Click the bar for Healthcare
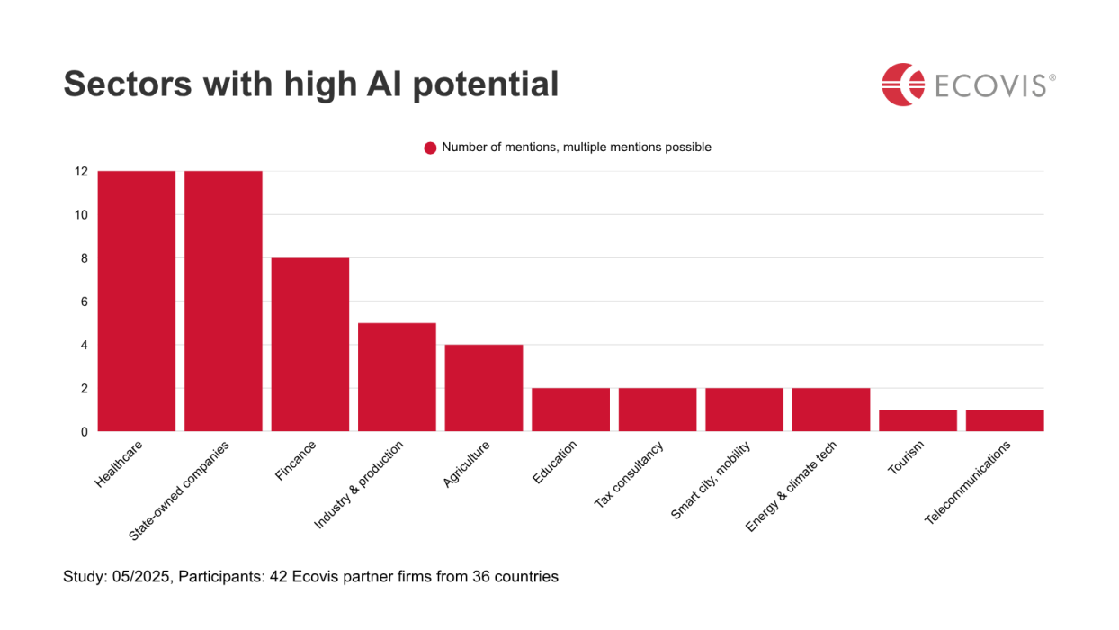(x=137, y=301)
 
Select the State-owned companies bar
(x=223, y=301)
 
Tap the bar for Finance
(x=310, y=345)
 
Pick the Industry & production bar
(x=397, y=377)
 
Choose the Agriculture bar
(x=484, y=388)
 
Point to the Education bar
(x=570, y=409)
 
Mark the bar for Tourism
(x=918, y=420)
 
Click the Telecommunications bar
(x=1005, y=420)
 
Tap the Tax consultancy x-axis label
(x=630, y=473)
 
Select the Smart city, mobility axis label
(x=712, y=479)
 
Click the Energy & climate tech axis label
(x=792, y=485)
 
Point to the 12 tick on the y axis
(x=81, y=171)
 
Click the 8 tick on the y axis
(x=84, y=258)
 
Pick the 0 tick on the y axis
(x=84, y=432)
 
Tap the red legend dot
(x=430, y=148)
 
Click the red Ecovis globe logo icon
(x=902, y=85)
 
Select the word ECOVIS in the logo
(x=989, y=85)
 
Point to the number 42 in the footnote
(x=275, y=576)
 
